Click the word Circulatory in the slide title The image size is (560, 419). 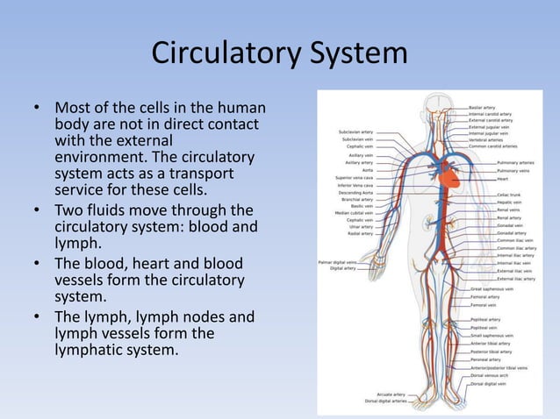223,54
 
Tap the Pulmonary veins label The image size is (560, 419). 515,170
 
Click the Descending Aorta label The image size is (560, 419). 355,192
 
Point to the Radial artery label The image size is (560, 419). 360,234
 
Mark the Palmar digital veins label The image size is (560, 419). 338,262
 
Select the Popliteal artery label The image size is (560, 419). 485,320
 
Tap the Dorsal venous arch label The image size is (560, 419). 490,376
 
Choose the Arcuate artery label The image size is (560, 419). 391,394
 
